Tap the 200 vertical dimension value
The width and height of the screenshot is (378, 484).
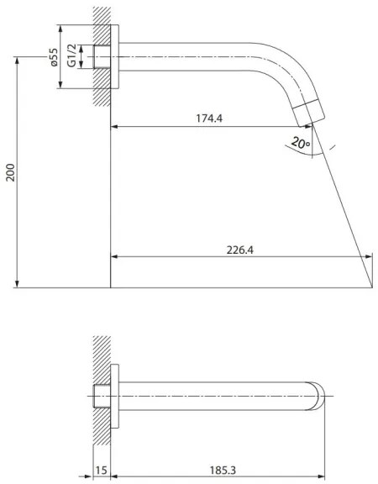pyautogui.click(x=9, y=173)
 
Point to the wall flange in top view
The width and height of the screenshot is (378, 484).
pyautogui.click(x=121, y=394)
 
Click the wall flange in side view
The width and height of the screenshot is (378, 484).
pyautogui.click(x=121, y=57)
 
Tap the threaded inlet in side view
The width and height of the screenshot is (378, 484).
pyautogui.click(x=102, y=57)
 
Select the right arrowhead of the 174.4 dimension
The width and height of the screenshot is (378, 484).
pyautogui.click(x=309, y=128)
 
